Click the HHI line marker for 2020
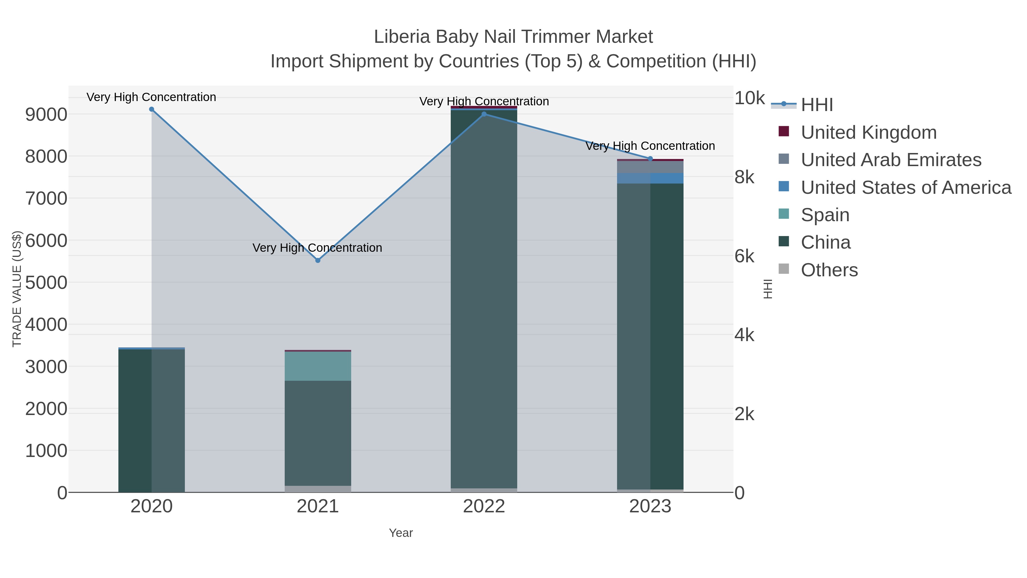tap(151, 109)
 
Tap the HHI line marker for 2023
tap(650, 159)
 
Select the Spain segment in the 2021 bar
tap(318, 366)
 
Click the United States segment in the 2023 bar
tap(650, 178)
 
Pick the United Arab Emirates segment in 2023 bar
tap(650, 167)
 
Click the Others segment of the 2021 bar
tap(318, 489)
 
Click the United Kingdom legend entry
tap(868, 132)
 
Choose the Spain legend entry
tap(825, 215)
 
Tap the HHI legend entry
tap(816, 105)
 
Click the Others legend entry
tap(829, 270)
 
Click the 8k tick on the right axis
tap(744, 177)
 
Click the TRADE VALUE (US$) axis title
tap(17, 289)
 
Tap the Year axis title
tap(401, 533)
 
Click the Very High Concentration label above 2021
tap(317, 248)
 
